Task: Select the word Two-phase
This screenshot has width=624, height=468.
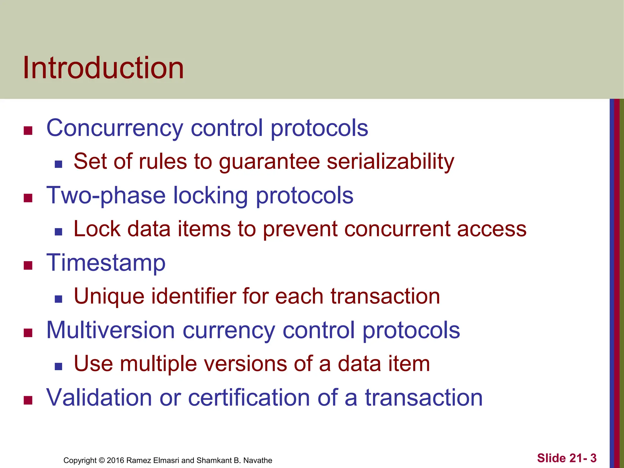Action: [x=106, y=196]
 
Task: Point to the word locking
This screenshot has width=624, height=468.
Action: [x=210, y=196]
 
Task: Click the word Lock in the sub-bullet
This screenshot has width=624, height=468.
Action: [x=97, y=229]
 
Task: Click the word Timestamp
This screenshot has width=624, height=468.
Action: [x=106, y=263]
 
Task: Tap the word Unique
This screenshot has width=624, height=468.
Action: [x=109, y=296]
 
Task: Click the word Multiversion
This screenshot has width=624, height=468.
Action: [x=110, y=330]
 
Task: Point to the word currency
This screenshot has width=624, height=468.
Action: [x=229, y=331]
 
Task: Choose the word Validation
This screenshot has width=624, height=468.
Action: [x=99, y=398]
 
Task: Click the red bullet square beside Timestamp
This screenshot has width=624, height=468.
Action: [x=28, y=265]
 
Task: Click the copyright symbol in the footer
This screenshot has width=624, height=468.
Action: [x=102, y=460]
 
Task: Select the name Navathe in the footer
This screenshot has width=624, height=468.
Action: [x=258, y=460]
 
